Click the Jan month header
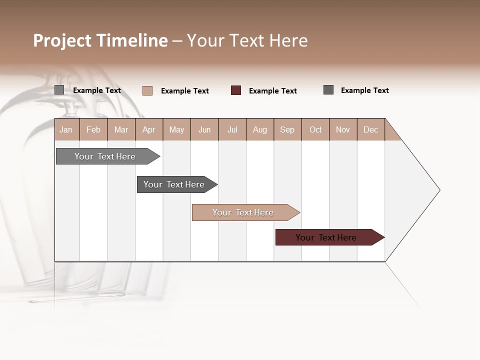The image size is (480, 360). (x=66, y=130)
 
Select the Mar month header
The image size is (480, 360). (x=121, y=130)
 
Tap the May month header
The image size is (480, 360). (x=176, y=130)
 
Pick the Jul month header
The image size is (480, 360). (x=232, y=130)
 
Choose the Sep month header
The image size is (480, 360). (x=287, y=130)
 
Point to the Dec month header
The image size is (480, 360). (x=370, y=130)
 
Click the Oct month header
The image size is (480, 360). (x=315, y=130)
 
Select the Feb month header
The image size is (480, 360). (x=93, y=130)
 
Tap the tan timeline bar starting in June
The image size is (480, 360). (x=244, y=212)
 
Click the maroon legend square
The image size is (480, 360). (x=236, y=90)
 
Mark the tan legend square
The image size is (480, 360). (x=147, y=90)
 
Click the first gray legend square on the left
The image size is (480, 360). (x=59, y=90)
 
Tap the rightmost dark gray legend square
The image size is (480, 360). (x=328, y=90)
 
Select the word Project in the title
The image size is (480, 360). (x=62, y=40)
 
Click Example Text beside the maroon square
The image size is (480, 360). (x=272, y=91)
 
